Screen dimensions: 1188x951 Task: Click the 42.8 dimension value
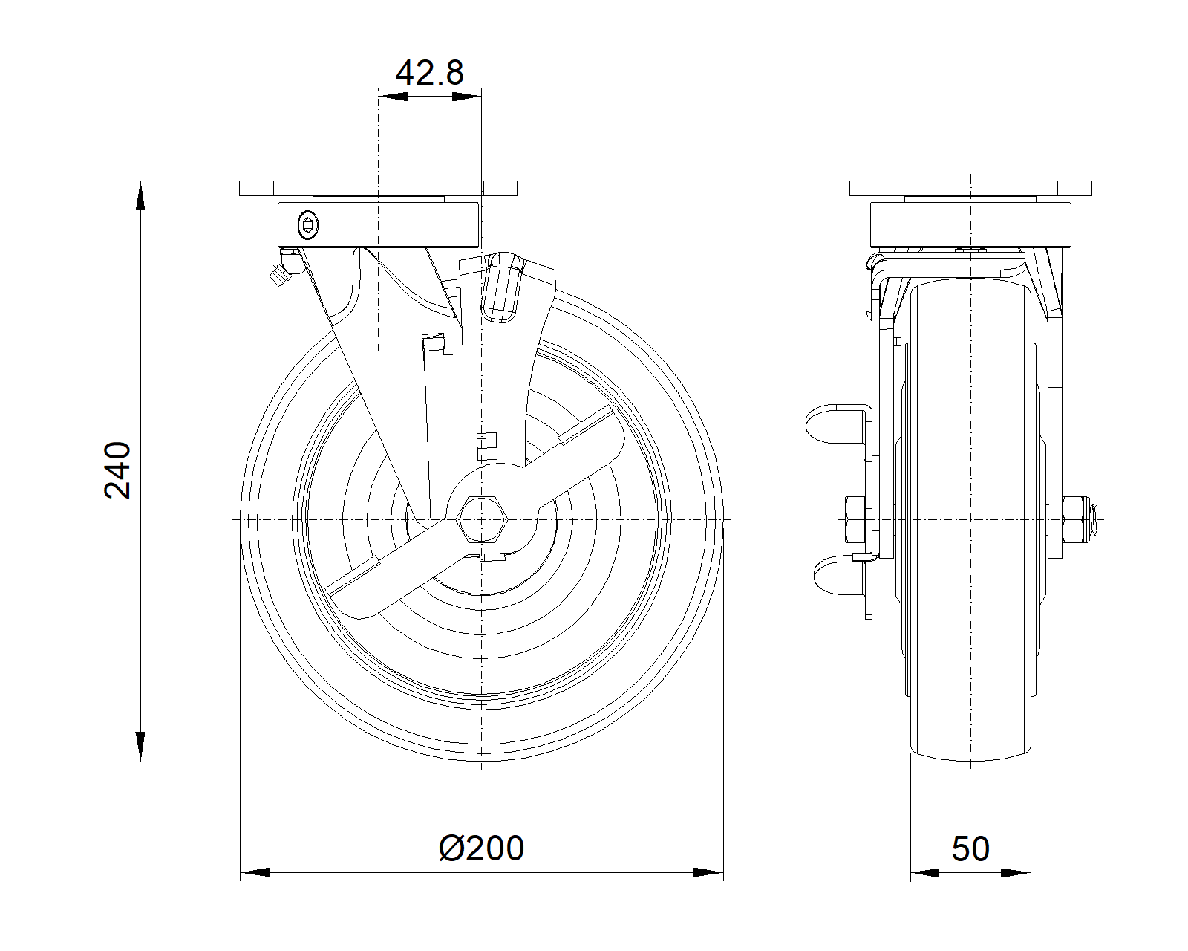click(429, 72)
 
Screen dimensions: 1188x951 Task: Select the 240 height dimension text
click(117, 470)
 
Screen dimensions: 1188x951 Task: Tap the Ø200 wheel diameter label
click(481, 848)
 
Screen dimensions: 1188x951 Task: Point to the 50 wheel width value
click(970, 848)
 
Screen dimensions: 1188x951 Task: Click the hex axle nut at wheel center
click(481, 519)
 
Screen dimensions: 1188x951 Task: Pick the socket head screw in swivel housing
click(307, 225)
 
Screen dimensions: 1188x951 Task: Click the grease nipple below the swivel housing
click(285, 267)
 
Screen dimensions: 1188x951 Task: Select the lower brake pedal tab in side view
click(839, 575)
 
